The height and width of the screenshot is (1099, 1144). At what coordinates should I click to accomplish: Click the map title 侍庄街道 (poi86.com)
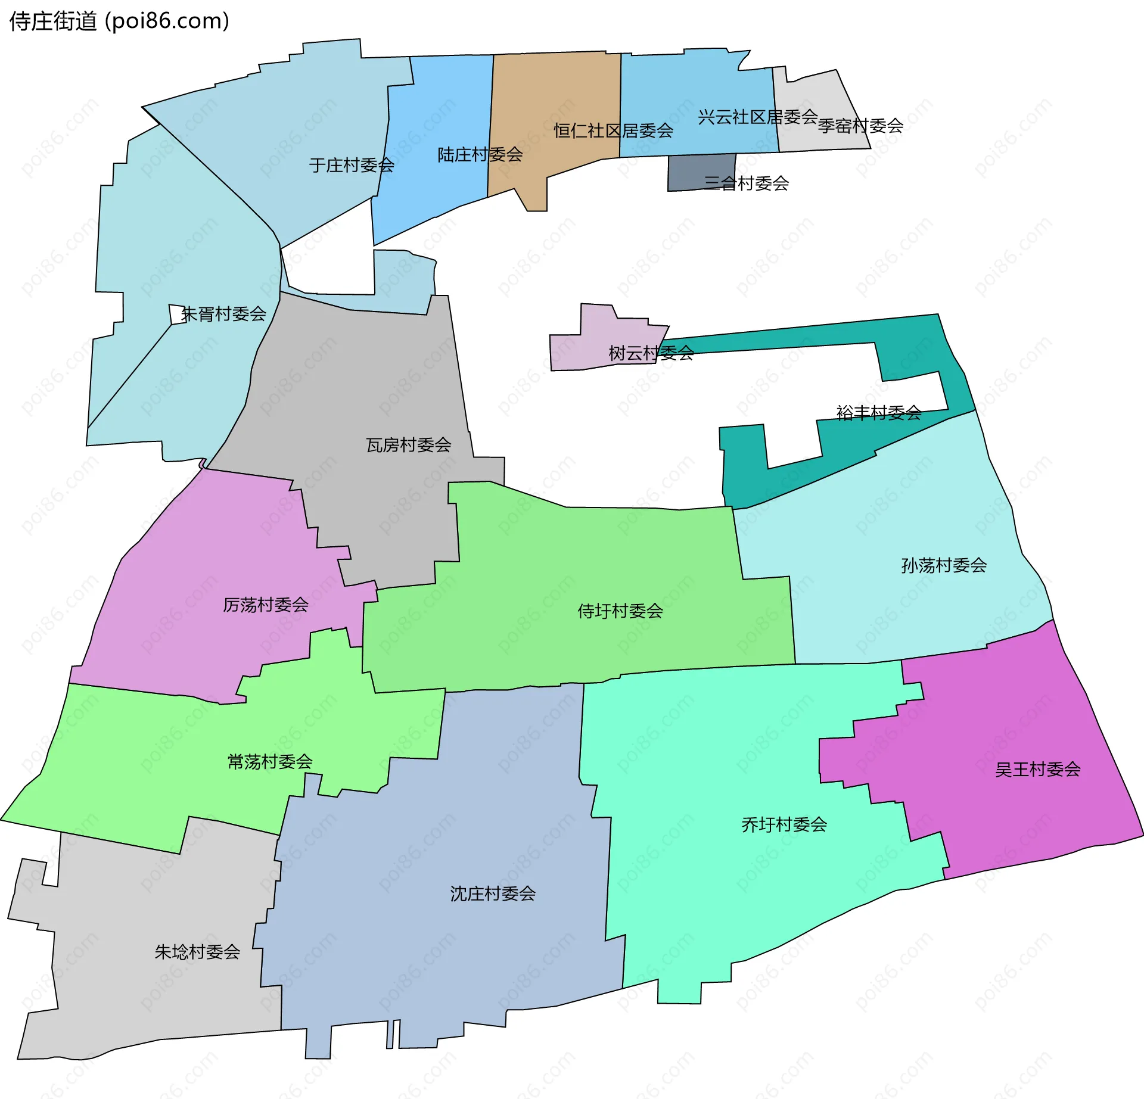(119, 21)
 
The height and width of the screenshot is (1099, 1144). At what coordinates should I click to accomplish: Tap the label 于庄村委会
(352, 165)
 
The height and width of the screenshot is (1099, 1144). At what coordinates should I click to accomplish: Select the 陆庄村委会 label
(480, 155)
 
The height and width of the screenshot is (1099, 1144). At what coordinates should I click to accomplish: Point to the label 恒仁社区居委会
(613, 130)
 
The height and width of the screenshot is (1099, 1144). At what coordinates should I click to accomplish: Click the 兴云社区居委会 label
(757, 117)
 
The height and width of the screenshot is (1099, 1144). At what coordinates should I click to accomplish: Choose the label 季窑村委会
(860, 126)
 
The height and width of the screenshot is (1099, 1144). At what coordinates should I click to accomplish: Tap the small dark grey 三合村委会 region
(691, 173)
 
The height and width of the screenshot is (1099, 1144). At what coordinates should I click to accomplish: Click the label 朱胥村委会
(223, 314)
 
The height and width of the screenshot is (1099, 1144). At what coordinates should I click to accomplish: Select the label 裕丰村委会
(879, 412)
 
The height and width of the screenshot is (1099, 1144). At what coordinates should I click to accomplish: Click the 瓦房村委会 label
(409, 445)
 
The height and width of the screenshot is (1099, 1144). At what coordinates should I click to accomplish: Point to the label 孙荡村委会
(944, 565)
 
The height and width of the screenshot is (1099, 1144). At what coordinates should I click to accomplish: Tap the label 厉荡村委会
(266, 605)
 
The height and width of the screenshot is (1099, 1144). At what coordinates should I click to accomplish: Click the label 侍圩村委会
(620, 611)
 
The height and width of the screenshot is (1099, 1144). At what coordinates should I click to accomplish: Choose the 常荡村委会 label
(270, 762)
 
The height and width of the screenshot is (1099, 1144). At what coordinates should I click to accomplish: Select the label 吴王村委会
(1037, 770)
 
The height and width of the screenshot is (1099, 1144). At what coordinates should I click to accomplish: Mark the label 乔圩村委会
(784, 825)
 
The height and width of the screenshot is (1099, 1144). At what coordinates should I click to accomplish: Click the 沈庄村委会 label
(493, 893)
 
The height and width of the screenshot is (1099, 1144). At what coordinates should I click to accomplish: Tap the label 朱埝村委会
(197, 952)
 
